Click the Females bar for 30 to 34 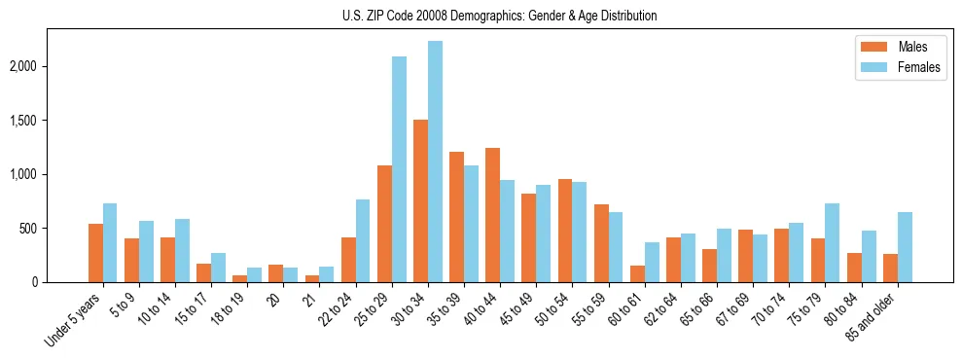(x=435, y=162)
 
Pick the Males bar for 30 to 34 (x=420, y=201)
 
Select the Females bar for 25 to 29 (x=399, y=169)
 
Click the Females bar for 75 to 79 (x=832, y=243)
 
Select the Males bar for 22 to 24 (x=348, y=260)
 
